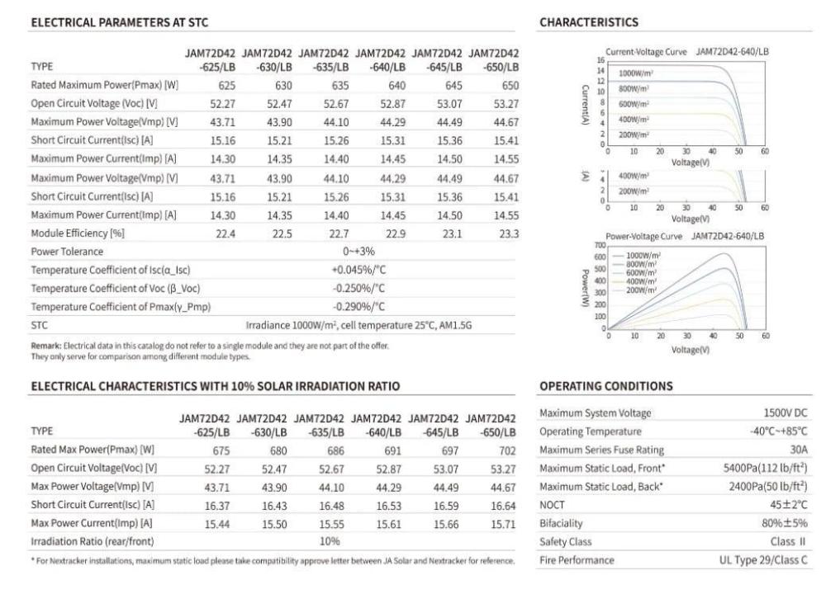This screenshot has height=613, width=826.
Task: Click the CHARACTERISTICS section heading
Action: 588,22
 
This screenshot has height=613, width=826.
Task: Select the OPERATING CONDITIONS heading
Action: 605,385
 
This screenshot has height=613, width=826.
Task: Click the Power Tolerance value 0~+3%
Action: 358,251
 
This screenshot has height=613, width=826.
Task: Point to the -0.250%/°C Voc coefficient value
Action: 358,288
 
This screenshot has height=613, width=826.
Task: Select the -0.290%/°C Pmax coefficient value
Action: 358,307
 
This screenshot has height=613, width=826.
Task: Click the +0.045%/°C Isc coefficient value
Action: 358,270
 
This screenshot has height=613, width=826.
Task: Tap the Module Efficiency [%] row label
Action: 78,233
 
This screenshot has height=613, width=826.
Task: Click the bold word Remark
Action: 45,346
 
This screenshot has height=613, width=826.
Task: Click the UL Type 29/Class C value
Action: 762,560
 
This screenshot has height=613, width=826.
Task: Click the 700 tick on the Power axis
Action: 601,245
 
